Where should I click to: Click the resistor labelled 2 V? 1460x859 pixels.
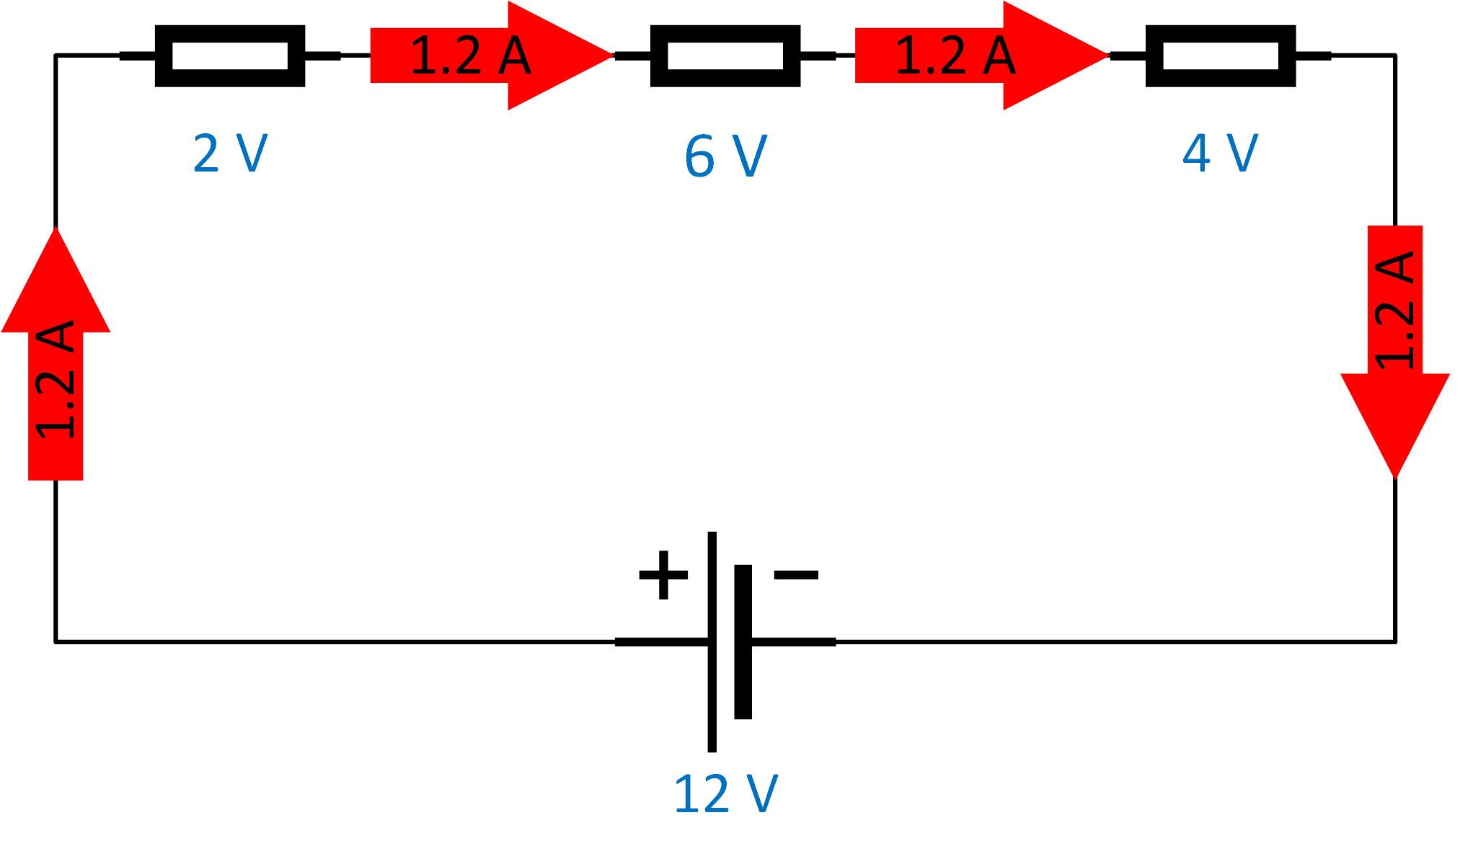coord(230,55)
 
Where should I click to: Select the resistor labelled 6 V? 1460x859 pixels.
coord(725,55)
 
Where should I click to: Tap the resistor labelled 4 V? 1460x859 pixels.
coord(1221,55)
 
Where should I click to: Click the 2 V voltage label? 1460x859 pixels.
coord(230,153)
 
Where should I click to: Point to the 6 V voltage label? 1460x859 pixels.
coord(725,156)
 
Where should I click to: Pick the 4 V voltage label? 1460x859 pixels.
coord(1220,153)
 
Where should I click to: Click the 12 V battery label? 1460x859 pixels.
coord(725,794)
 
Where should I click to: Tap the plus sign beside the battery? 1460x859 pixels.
coord(663,574)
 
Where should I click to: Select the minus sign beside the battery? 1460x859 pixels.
coord(796,574)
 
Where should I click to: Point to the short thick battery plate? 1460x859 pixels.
coord(743,641)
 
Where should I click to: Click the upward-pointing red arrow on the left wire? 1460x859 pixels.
coord(56,360)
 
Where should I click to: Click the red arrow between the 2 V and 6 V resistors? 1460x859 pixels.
coord(490,55)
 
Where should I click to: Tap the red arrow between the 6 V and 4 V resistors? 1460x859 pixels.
coord(981,55)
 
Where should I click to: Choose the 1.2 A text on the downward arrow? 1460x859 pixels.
coord(1395,310)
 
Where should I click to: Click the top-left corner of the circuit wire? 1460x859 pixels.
coord(56,55)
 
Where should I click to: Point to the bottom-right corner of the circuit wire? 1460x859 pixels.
coord(1395,641)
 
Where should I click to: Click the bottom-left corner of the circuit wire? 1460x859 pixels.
coord(56,641)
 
